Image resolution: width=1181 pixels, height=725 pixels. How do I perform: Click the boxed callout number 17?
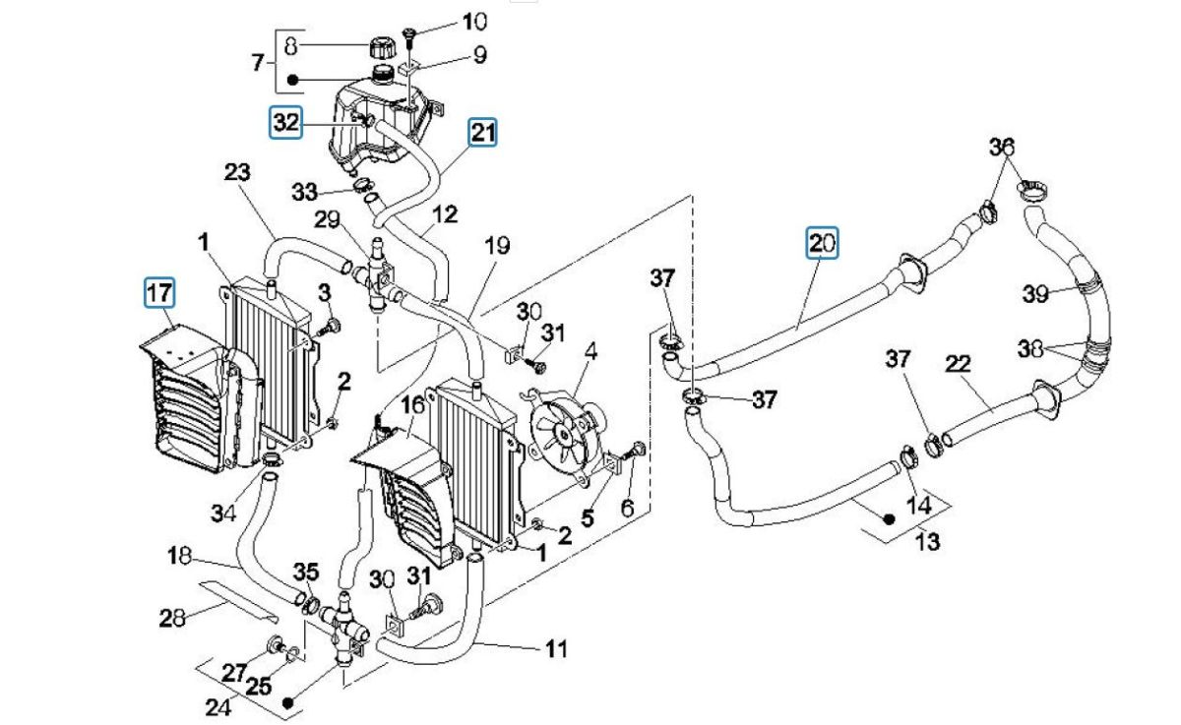[158, 292]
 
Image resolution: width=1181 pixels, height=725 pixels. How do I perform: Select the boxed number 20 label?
[822, 242]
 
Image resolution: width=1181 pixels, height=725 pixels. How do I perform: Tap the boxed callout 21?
[482, 132]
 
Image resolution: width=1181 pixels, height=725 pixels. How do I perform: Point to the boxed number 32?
[285, 123]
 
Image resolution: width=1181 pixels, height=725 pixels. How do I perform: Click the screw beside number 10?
[411, 36]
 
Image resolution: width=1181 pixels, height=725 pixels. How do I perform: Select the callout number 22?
[958, 365]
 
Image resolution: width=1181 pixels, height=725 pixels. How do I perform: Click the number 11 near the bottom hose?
[556, 649]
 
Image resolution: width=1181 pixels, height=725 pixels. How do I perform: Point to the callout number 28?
[172, 618]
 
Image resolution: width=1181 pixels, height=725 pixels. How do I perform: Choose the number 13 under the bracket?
[928, 541]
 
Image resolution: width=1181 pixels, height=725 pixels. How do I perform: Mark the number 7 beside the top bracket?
[258, 63]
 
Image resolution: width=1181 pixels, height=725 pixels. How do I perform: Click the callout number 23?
[237, 172]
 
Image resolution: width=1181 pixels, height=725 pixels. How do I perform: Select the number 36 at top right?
[1001, 147]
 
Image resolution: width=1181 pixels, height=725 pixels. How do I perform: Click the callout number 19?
[496, 245]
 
